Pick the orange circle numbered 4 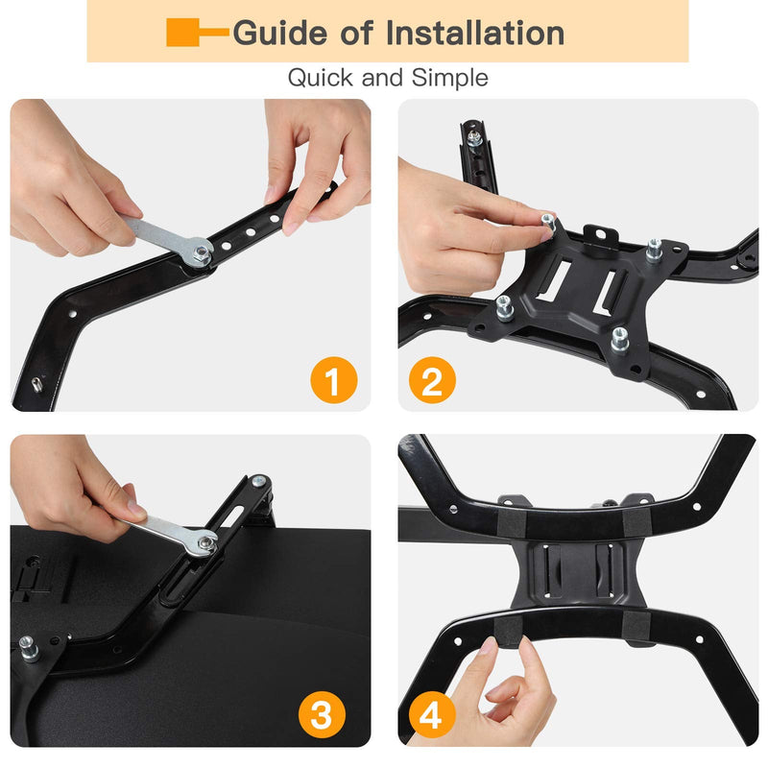tap(432, 716)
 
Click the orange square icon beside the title tap(183, 33)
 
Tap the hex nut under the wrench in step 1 tap(201, 254)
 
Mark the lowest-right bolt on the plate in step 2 tap(619, 338)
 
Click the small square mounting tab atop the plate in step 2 tap(599, 232)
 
